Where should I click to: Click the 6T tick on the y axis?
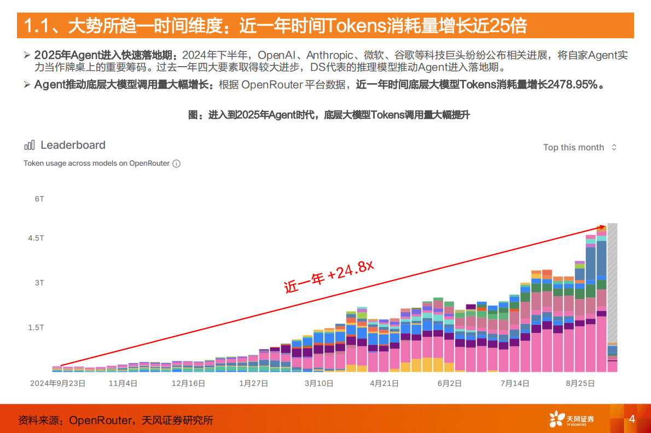(39, 199)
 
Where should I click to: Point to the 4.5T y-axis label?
(36, 238)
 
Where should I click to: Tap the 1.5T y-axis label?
(36, 327)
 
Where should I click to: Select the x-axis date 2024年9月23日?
(58, 384)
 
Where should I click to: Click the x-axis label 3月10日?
(318, 384)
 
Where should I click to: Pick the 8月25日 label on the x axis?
(580, 384)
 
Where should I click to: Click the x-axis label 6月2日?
(450, 384)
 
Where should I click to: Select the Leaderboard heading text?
(73, 145)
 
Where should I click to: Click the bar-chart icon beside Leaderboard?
(30, 145)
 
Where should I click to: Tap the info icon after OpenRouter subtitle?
(176, 163)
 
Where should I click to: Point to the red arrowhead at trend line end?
(603, 226)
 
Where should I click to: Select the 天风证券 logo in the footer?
(571, 420)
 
